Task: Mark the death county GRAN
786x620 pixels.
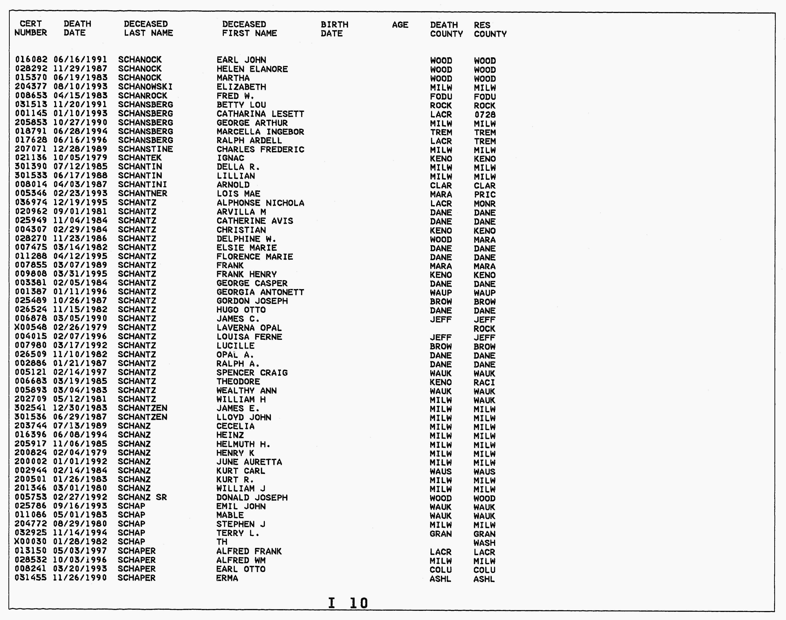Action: [x=440, y=534]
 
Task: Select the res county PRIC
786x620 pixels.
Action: [x=484, y=195]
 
